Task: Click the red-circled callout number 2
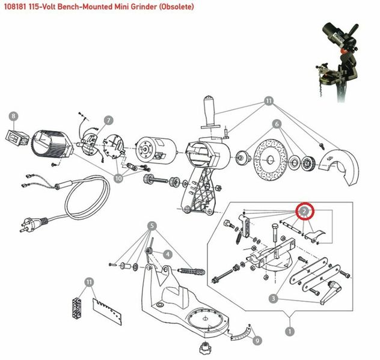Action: (x=305, y=211)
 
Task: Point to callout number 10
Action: (x=118, y=178)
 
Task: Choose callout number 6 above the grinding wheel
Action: (x=277, y=124)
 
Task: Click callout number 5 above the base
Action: (x=153, y=226)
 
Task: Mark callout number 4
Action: (x=168, y=255)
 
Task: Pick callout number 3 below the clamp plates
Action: (x=273, y=297)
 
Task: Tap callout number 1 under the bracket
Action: (x=292, y=331)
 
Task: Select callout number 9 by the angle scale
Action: (x=258, y=340)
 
